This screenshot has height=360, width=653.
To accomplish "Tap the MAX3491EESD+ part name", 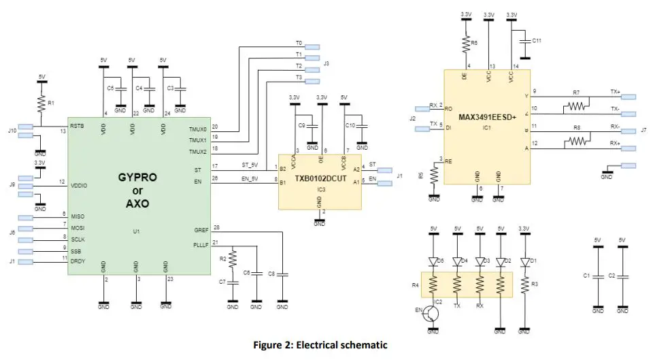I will point(488,116).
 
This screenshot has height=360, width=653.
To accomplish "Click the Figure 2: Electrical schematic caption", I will point(320,345).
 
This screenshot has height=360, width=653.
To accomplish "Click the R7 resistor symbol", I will point(576,106).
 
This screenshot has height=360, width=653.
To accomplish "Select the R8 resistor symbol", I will point(576,141).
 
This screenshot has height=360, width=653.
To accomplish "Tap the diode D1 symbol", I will point(524,261).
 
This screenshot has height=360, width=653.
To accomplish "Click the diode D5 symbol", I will point(433,261).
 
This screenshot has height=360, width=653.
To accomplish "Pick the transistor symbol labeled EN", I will point(431,314).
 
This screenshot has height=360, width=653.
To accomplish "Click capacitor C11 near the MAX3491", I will point(524,42).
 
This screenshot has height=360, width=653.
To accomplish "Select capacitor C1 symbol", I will point(598,276).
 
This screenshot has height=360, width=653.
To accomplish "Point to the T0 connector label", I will point(299,43).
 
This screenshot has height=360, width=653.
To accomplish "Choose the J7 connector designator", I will point(643,129).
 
